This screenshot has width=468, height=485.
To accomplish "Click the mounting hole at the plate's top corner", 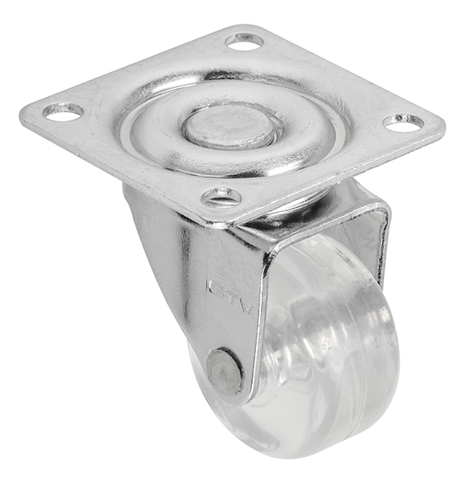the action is pos(244,42).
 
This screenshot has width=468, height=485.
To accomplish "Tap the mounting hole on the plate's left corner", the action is pos(63,112).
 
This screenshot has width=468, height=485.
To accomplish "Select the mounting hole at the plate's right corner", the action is pos(404,122).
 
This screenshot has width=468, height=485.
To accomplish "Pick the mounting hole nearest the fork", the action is pos(220,198).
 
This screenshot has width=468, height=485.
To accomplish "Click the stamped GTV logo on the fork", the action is pos(231,294).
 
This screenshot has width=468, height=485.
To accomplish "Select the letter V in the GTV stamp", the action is pos(247,307).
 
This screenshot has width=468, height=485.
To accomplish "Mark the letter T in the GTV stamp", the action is pos(231,296).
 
